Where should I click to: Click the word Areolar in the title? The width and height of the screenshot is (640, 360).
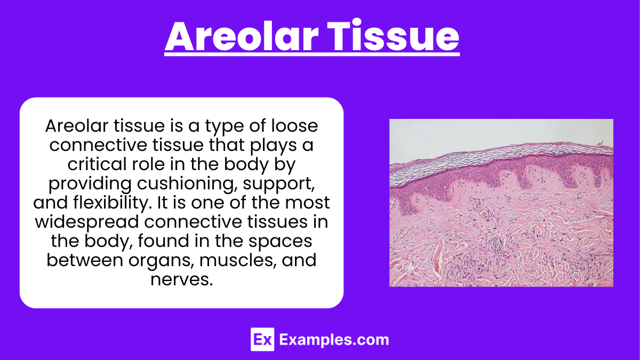tap(242, 37)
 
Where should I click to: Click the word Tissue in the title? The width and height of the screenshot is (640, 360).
tap(393, 36)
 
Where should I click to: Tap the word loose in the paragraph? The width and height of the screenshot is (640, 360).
tap(294, 126)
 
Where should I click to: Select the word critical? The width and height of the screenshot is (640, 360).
tap(97, 164)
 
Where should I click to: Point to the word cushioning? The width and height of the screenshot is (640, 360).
tap(187, 184)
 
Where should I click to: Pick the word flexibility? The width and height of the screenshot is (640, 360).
tap(112, 203)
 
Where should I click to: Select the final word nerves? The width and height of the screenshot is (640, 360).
tap(182, 279)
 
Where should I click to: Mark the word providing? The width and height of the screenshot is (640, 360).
tap(90, 184)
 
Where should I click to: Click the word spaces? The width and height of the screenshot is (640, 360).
tap(280, 242)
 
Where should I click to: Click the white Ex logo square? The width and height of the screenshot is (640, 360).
tap(262, 339)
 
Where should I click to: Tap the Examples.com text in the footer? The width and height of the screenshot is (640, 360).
tap(334, 340)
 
